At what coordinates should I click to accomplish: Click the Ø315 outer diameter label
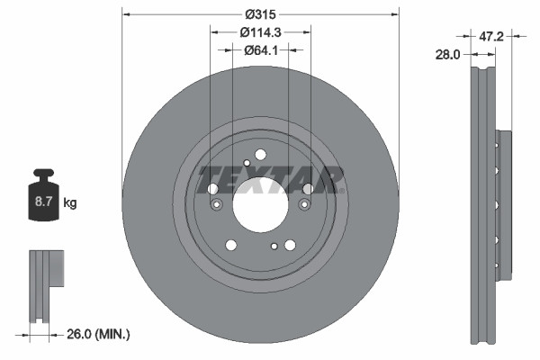(260, 14)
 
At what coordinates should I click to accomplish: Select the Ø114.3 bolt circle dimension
(260, 32)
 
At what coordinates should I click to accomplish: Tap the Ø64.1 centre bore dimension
(260, 50)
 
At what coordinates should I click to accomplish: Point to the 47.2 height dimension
(490, 37)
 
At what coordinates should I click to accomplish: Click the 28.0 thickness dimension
(447, 55)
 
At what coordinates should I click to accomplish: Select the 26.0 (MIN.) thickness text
(98, 334)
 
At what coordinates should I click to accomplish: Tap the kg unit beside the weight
(70, 203)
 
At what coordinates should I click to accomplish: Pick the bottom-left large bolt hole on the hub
(231, 244)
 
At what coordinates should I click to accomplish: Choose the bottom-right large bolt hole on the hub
(289, 244)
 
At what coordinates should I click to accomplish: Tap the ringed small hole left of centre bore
(216, 206)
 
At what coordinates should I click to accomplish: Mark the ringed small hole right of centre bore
(303, 206)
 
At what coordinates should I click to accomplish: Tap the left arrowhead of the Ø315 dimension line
(125, 14)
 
